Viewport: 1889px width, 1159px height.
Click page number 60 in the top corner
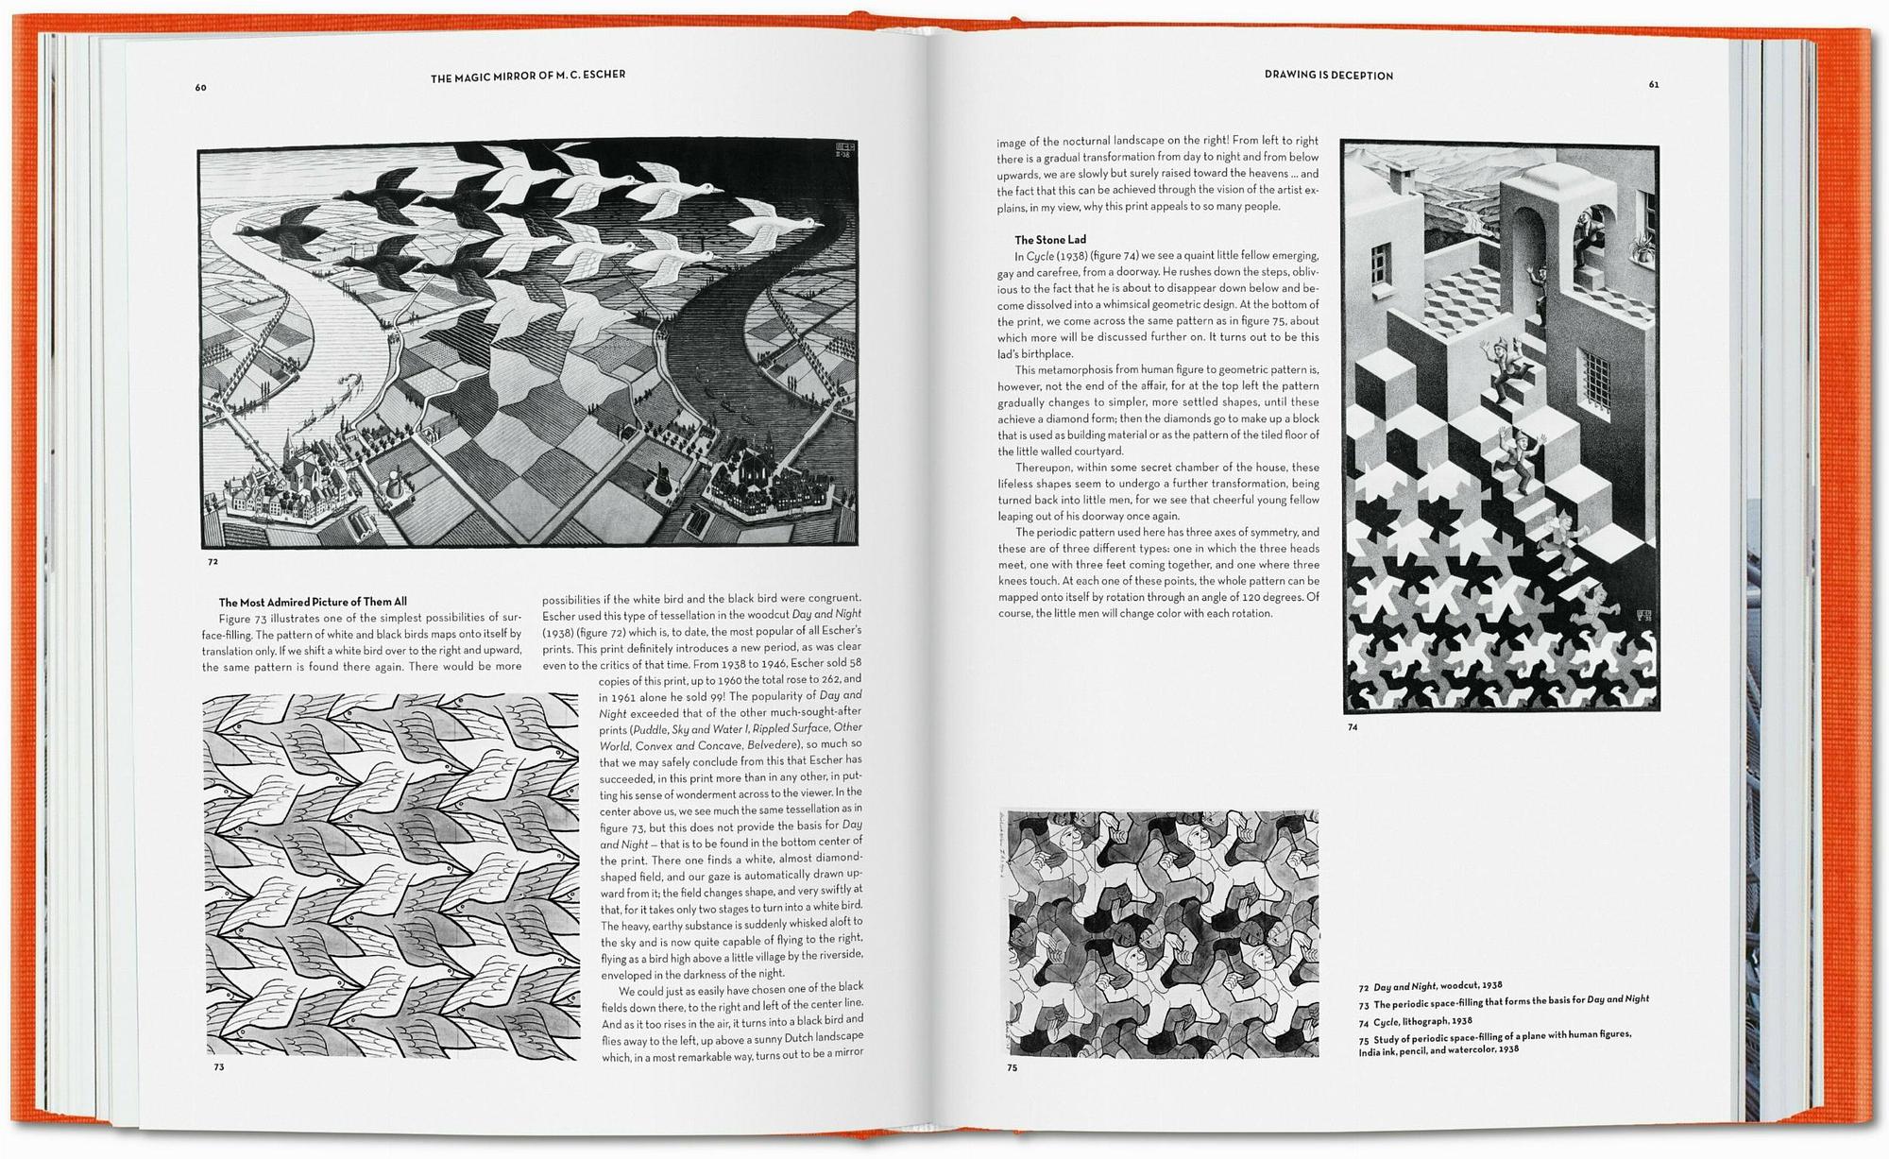[200, 88]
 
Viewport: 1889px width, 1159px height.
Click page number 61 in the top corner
[1654, 85]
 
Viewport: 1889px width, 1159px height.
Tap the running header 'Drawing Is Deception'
[1328, 76]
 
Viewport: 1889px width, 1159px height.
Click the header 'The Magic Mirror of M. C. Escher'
[528, 77]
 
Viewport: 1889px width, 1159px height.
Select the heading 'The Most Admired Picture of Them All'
[313, 602]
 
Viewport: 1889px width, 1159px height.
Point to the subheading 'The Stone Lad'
[1050, 240]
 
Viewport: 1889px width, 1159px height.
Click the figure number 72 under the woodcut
[213, 562]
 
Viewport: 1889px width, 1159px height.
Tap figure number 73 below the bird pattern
[218, 1067]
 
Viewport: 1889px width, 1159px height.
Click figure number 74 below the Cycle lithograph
[1353, 727]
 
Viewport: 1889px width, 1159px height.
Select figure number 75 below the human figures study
[1012, 1068]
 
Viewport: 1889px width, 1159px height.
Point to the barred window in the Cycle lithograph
[1592, 378]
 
